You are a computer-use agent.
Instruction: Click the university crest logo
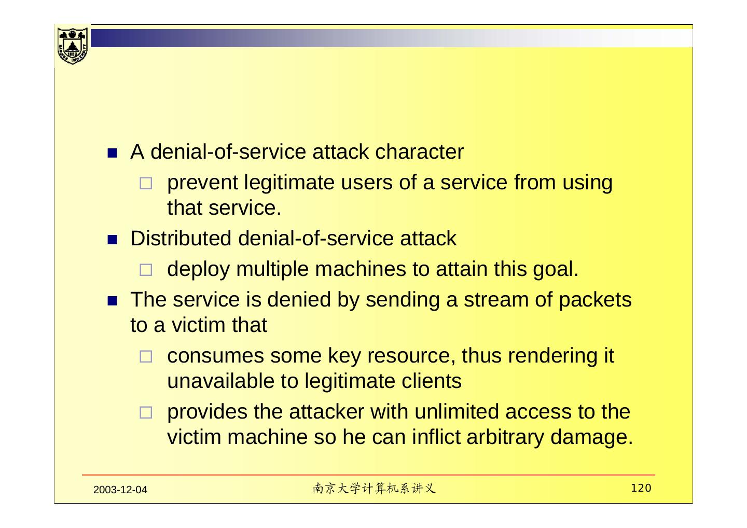[x=72, y=45]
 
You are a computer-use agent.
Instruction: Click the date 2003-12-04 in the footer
[x=121, y=490]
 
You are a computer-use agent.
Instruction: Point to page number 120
[x=641, y=488]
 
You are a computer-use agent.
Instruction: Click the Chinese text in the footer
[x=374, y=489]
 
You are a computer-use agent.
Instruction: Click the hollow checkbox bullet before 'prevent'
[x=146, y=184]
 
